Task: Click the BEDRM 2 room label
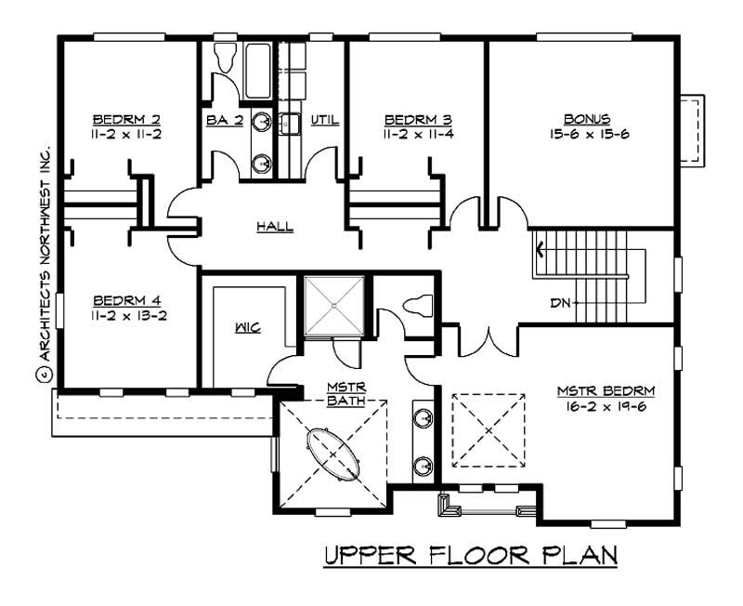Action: [x=126, y=120]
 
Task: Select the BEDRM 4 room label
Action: [x=126, y=300]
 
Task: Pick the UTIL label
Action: [x=324, y=120]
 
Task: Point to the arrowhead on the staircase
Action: [x=538, y=248]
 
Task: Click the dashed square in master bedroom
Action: [x=488, y=430]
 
